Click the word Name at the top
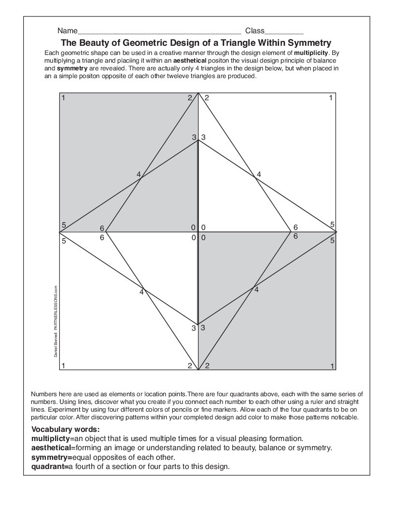tap(67, 30)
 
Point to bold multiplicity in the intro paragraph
tap(311, 52)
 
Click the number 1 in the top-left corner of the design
tap(64, 98)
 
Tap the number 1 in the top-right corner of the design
tap(331, 98)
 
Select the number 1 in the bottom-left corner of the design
tap(64, 365)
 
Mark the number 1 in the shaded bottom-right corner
tap(332, 366)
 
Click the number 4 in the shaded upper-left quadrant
tap(139, 174)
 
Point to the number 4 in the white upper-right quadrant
tap(259, 174)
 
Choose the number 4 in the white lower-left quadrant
tap(141, 292)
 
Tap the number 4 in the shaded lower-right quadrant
tap(256, 289)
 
